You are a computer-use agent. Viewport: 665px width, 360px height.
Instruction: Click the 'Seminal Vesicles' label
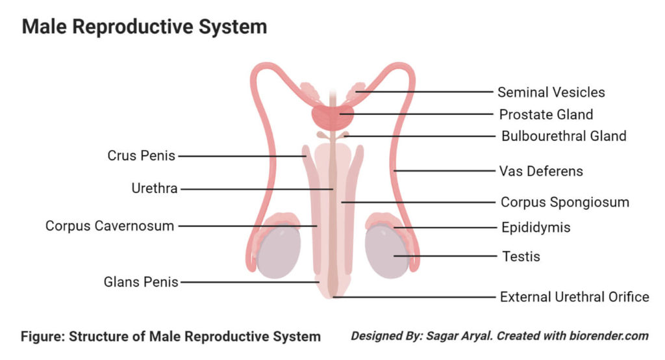[551, 92]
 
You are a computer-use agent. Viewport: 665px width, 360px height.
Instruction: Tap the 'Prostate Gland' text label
[546, 115]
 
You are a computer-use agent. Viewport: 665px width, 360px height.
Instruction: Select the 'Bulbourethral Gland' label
[564, 136]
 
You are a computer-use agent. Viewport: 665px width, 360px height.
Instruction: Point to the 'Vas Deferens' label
[541, 172]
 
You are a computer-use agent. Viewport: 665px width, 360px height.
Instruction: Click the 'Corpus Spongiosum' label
[564, 202]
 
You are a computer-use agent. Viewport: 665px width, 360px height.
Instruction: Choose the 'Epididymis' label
[536, 227]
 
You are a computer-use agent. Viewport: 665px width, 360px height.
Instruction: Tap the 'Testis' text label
[521, 256]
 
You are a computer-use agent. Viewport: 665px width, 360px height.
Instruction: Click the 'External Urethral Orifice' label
[574, 297]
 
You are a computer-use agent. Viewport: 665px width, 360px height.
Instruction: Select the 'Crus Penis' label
[142, 156]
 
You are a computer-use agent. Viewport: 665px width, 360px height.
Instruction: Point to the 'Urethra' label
[154, 189]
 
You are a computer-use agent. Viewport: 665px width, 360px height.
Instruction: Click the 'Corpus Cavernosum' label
[110, 226]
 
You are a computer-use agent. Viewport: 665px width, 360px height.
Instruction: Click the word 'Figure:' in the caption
[43, 337]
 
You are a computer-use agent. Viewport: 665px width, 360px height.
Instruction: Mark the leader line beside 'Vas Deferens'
[448, 172]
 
